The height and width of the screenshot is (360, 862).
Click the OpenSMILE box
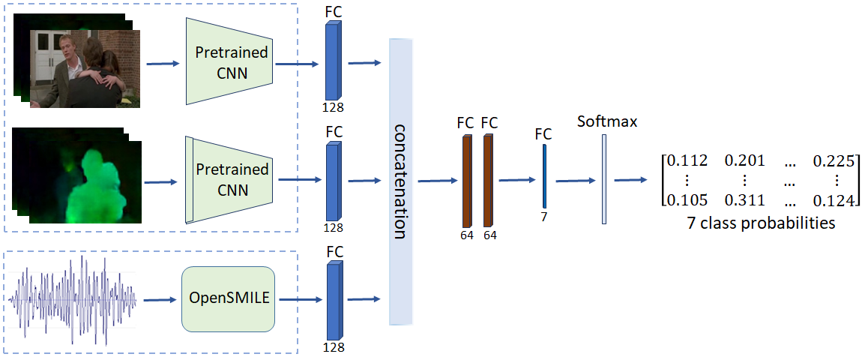pyautogui.click(x=228, y=299)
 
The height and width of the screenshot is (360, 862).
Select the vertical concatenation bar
pyautogui.click(x=400, y=182)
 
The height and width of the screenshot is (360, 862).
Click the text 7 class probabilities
pyautogui.click(x=761, y=223)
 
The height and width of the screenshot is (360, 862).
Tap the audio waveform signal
pyautogui.click(x=72, y=299)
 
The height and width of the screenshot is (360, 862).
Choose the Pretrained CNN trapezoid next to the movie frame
pyautogui.click(x=229, y=61)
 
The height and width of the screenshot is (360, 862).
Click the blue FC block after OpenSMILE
pyautogui.click(x=333, y=301)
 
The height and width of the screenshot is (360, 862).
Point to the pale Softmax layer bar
pyautogui.click(x=604, y=179)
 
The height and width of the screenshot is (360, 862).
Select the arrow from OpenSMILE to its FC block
pyautogui.click(x=300, y=300)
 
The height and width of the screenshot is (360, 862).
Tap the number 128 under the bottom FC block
pyautogui.click(x=334, y=347)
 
